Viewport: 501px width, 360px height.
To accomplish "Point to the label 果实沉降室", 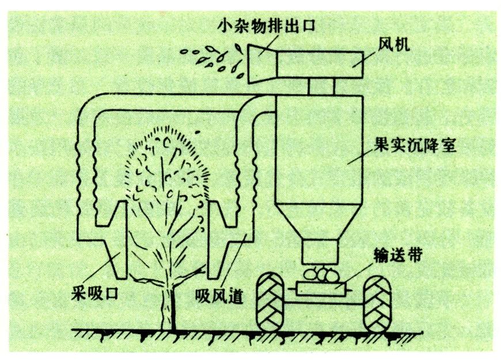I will pos(427,145).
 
